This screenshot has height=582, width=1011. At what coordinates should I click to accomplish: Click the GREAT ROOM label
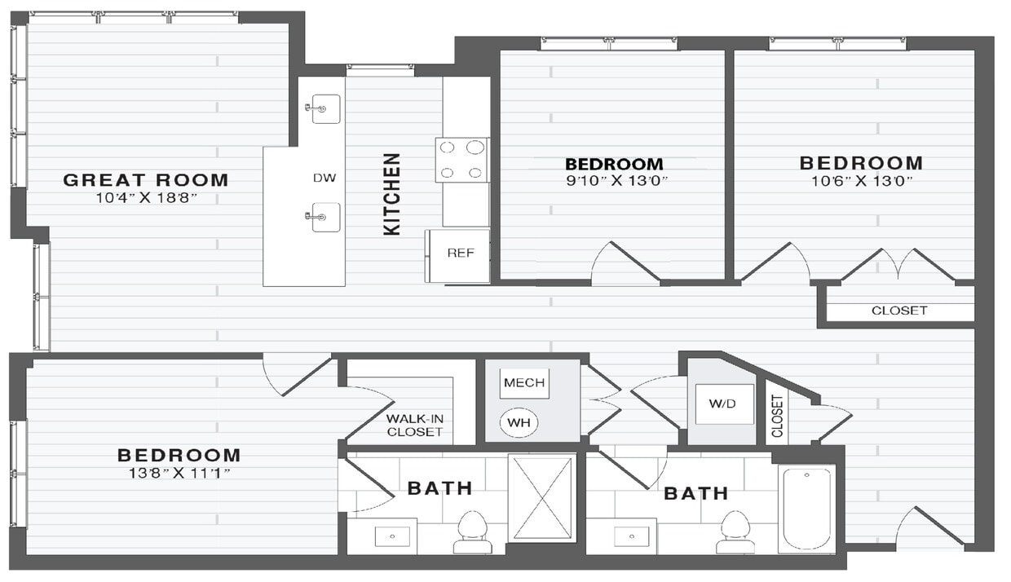pyautogui.click(x=146, y=180)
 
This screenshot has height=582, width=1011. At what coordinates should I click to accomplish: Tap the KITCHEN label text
pyautogui.click(x=392, y=194)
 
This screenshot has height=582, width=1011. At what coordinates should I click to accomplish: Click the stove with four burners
pyautogui.click(x=461, y=160)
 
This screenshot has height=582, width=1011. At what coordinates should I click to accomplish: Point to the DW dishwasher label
pyautogui.click(x=324, y=178)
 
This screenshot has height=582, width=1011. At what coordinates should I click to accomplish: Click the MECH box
pyautogui.click(x=524, y=383)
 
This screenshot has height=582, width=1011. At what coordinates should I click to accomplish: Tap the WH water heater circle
pyautogui.click(x=519, y=422)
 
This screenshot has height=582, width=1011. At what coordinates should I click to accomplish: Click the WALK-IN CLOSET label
pyautogui.click(x=414, y=425)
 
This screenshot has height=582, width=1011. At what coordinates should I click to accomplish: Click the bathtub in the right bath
pyautogui.click(x=806, y=508)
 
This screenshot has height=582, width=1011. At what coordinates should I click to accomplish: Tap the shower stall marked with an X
pyautogui.click(x=542, y=497)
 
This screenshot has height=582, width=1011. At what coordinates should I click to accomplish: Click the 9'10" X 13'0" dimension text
pyautogui.click(x=614, y=181)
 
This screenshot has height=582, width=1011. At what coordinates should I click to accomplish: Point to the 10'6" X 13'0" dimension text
pyautogui.click(x=860, y=181)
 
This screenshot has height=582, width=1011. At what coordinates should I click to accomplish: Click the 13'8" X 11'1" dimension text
pyautogui.click(x=179, y=473)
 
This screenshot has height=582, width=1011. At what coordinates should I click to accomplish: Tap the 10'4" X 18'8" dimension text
pyautogui.click(x=146, y=198)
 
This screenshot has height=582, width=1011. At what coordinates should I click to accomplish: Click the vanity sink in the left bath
pyautogui.click(x=395, y=536)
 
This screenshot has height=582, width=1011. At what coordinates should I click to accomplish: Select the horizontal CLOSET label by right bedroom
pyautogui.click(x=899, y=311)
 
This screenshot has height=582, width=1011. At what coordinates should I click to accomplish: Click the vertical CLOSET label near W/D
pyautogui.click(x=777, y=416)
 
